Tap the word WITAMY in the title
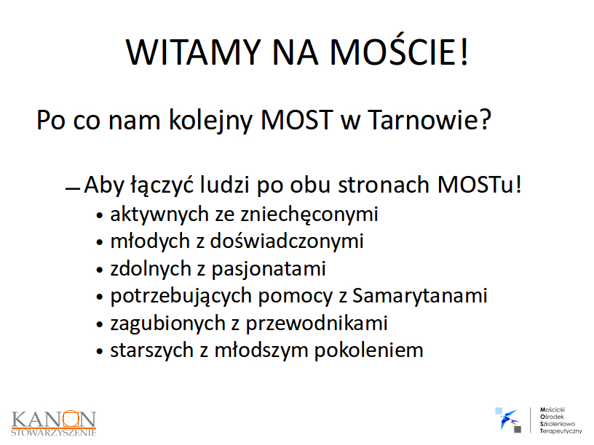[x=193, y=52]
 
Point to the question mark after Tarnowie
[x=484, y=119]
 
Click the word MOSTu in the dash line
[x=475, y=185]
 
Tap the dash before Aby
[x=72, y=188]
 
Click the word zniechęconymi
[x=309, y=215]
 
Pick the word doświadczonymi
[x=287, y=242]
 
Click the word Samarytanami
[x=420, y=296]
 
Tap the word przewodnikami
[x=317, y=324]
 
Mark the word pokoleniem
[x=368, y=350]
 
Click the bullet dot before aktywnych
[x=100, y=216]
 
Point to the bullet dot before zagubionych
[x=100, y=325]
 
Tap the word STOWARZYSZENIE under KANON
[x=54, y=433]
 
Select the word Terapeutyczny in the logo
[x=561, y=431]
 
